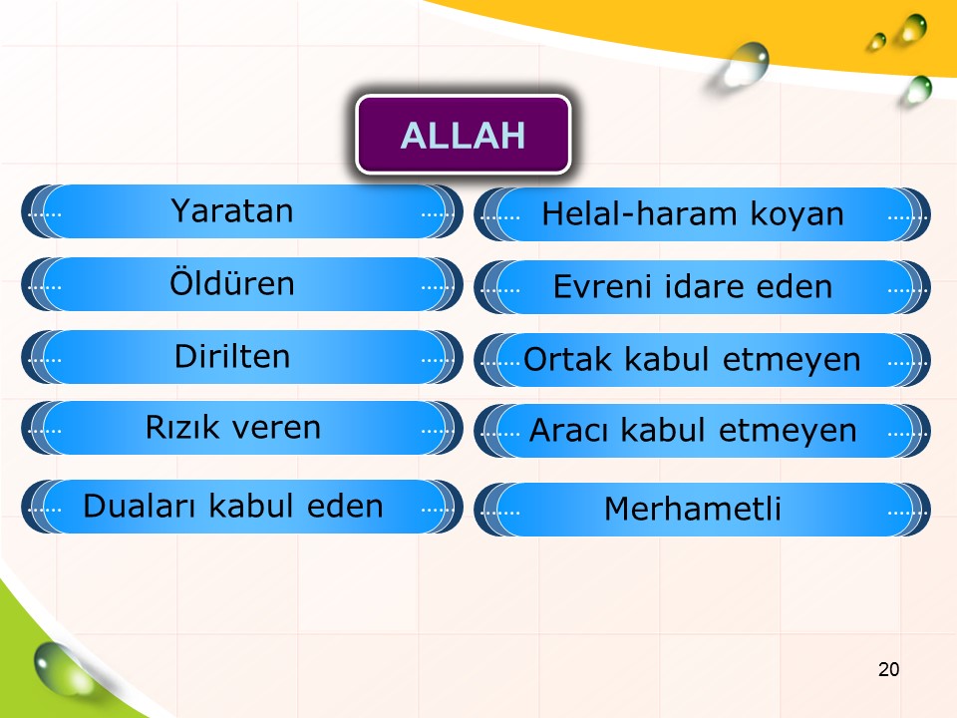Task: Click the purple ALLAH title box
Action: click(464, 135)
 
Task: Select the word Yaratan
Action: click(232, 211)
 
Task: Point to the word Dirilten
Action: click(232, 356)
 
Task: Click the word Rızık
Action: click(182, 427)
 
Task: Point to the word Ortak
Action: click(567, 359)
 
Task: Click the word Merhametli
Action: click(693, 509)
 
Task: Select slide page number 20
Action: click(888, 669)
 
